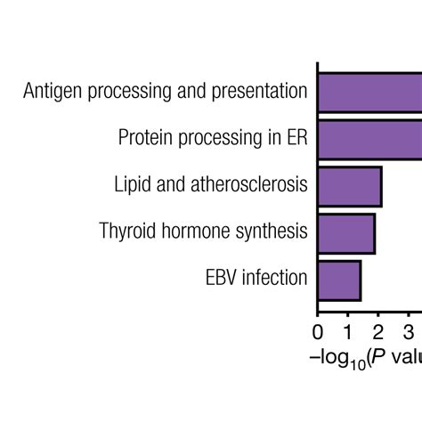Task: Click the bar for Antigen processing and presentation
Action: [369, 92]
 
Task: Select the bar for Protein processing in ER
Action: [369, 139]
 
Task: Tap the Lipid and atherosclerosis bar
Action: [350, 186]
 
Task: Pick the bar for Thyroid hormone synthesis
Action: [346, 233]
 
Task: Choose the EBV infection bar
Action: [339, 280]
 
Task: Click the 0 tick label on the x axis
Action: [318, 334]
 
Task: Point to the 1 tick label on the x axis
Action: [348, 334]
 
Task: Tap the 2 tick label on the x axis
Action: [378, 334]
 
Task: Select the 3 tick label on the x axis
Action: [409, 334]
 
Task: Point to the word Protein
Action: [147, 138]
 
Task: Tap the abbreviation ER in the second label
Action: [296, 138]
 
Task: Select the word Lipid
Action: [134, 185]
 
